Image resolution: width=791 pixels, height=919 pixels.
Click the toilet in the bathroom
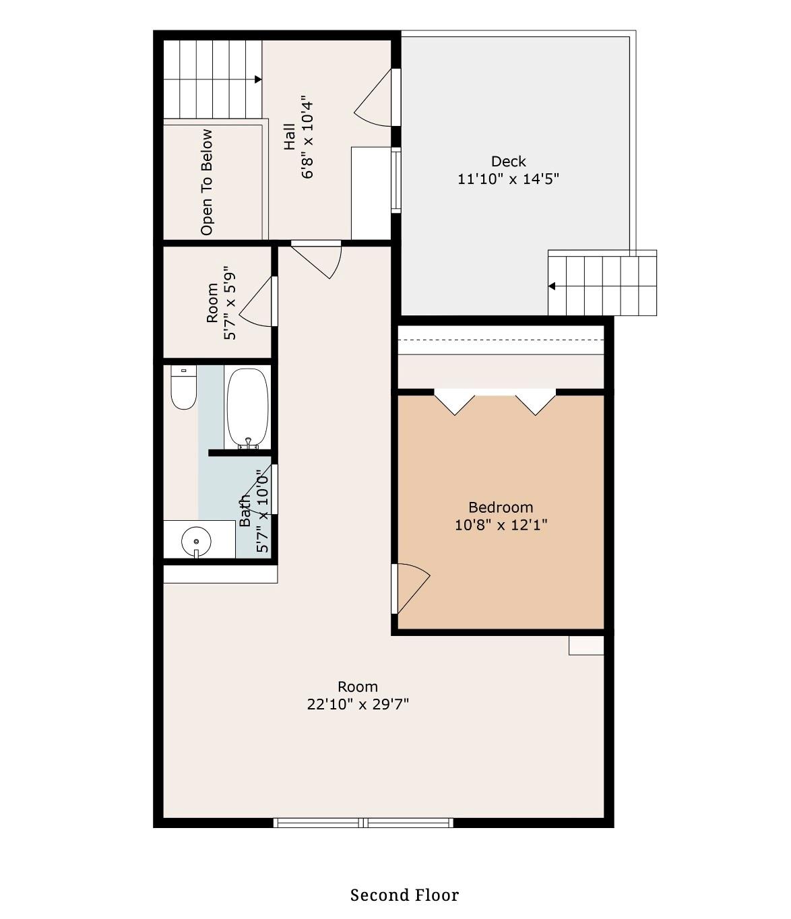[183, 389]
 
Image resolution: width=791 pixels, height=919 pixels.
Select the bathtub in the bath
[247, 408]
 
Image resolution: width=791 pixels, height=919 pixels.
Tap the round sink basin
[196, 541]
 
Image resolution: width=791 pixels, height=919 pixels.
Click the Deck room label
[508, 161]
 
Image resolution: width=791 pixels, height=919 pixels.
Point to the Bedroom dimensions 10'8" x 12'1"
[501, 525]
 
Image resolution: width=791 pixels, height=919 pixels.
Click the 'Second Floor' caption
[404, 895]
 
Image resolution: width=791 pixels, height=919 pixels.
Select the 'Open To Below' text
[206, 182]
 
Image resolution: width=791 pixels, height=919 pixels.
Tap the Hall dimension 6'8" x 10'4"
[308, 137]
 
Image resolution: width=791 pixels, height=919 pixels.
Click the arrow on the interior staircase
[257, 80]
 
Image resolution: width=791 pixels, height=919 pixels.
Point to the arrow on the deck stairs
[552, 286]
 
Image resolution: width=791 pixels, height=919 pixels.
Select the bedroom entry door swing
[412, 588]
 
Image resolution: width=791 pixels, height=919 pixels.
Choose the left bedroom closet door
[455, 402]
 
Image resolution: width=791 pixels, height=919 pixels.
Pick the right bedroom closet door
[536, 402]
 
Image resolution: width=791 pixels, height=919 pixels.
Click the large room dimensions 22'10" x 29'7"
[358, 705]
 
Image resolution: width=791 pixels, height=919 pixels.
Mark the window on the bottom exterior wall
[363, 823]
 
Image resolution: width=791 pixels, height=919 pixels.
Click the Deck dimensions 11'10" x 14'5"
[508, 179]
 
